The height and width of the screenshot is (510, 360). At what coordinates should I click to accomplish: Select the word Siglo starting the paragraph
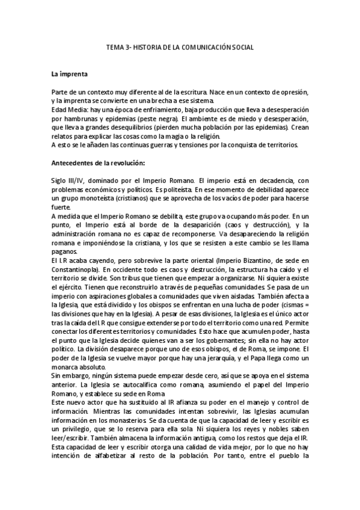click(59, 182)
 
